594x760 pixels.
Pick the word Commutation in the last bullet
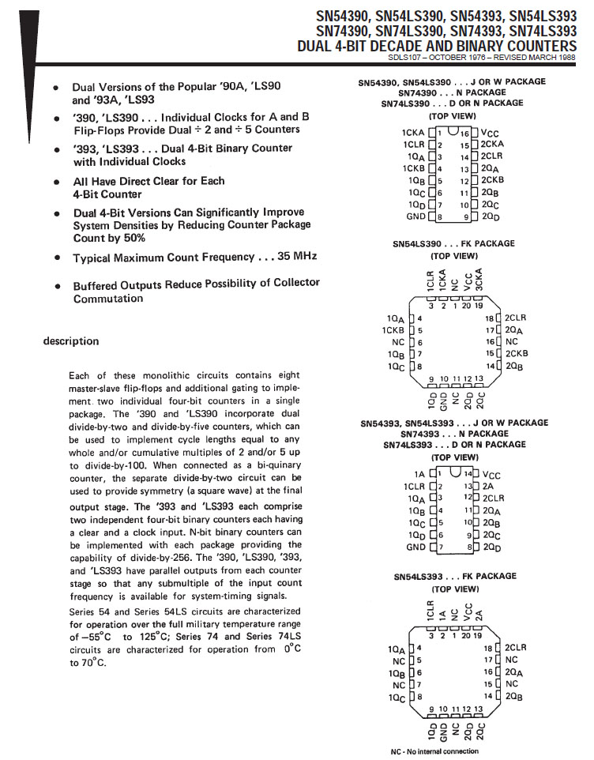[108, 299]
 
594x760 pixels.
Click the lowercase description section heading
[71, 341]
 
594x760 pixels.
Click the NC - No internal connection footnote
[434, 751]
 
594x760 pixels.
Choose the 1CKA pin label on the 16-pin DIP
[412, 134]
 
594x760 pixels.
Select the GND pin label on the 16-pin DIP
[415, 216]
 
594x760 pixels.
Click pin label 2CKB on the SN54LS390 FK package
[517, 353]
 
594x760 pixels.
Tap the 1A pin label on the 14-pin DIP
[419, 474]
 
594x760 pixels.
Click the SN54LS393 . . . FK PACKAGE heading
[453, 577]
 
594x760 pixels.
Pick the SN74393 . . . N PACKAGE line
[453, 434]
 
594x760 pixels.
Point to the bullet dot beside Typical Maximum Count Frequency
[56, 258]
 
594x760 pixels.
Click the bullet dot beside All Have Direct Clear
[56, 182]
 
